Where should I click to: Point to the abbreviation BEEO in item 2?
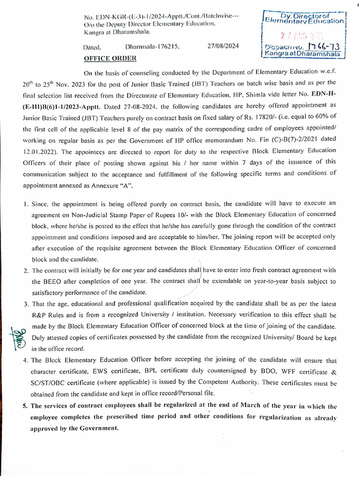(41, 282)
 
